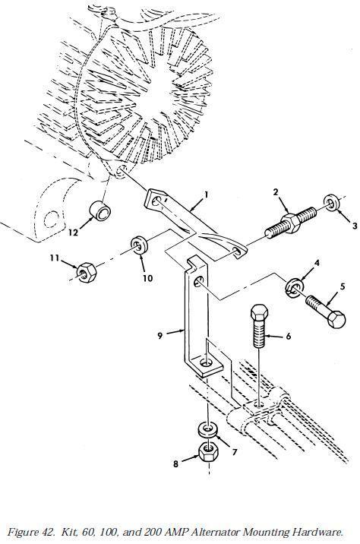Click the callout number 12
coord(73,232)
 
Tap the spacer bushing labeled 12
coord(100,211)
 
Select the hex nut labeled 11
coord(87,272)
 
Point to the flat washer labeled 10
coord(139,245)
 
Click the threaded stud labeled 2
coord(291,222)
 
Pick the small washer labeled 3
coord(332,203)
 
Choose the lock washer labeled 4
coord(295,288)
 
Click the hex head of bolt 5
coord(336,320)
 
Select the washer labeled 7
coord(208,429)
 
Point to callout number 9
coord(159,336)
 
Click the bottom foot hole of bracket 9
coord(206,363)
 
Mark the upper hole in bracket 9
coord(198,281)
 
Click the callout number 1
coord(206,195)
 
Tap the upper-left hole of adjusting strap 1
coord(156,201)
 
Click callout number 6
coord(288,336)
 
